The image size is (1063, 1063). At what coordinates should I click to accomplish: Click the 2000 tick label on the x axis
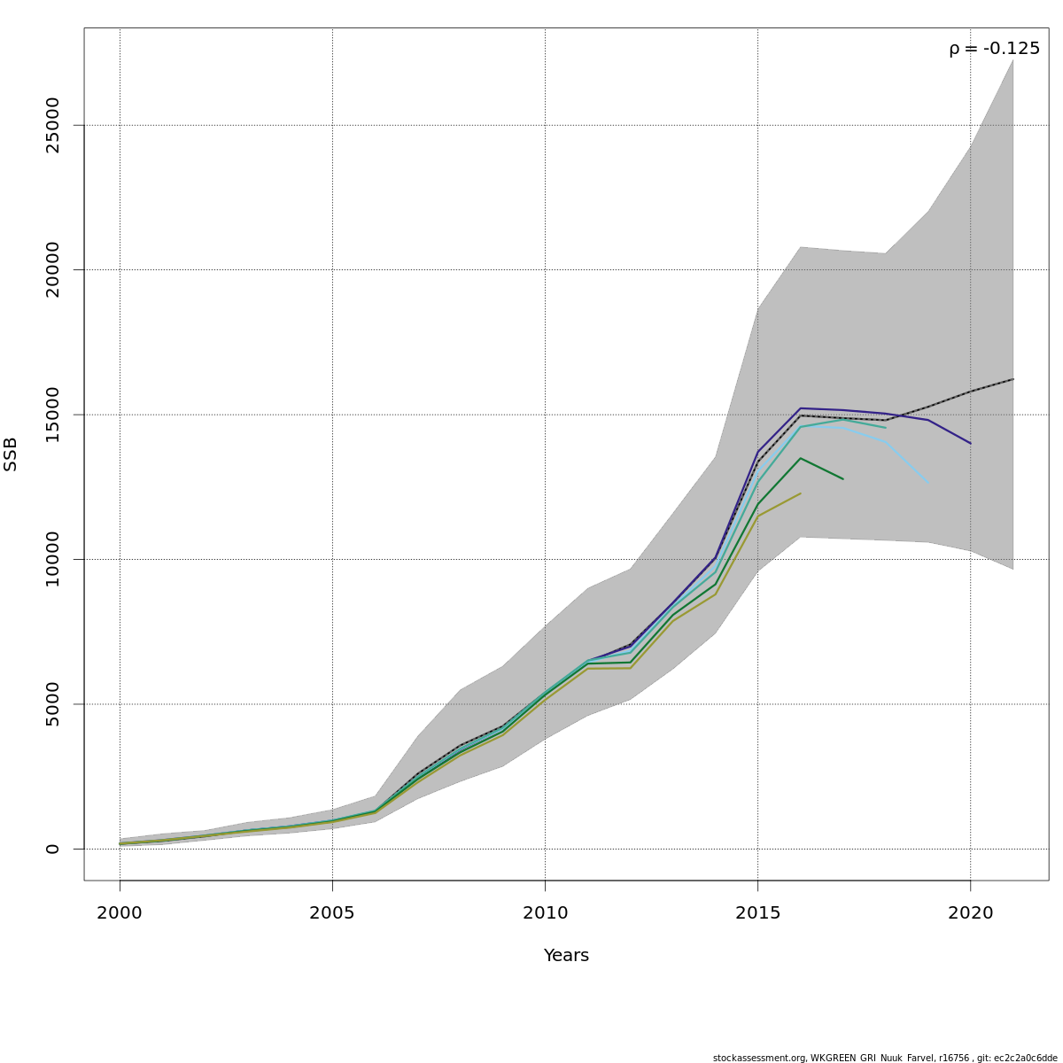click(120, 912)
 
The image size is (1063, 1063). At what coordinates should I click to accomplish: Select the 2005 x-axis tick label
click(332, 912)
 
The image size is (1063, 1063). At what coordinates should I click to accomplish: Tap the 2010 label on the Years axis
click(545, 912)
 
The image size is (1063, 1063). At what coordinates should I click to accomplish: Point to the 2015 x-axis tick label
click(757, 912)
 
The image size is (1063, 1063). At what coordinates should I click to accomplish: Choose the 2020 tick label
click(971, 912)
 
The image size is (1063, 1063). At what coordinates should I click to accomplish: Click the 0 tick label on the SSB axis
click(52, 849)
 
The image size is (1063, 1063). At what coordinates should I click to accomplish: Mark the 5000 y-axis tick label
click(52, 704)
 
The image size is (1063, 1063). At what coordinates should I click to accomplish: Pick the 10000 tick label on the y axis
click(52, 559)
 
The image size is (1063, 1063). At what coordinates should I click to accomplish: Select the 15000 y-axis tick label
click(52, 415)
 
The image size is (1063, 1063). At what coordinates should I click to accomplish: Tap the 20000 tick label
click(52, 269)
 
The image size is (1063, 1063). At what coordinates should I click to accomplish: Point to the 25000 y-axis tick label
click(52, 125)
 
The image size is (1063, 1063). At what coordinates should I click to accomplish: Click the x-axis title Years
click(566, 955)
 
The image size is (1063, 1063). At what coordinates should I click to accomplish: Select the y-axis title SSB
click(11, 454)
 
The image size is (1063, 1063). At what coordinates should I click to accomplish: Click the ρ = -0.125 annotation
click(994, 49)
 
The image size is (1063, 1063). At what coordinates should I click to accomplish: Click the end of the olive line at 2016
click(800, 493)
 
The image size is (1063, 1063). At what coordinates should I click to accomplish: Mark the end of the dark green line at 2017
click(842, 479)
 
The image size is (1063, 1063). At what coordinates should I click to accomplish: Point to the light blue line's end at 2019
click(927, 483)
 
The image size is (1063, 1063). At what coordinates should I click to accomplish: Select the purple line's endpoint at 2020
click(971, 443)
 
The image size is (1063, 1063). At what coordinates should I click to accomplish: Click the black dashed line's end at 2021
click(1013, 379)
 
